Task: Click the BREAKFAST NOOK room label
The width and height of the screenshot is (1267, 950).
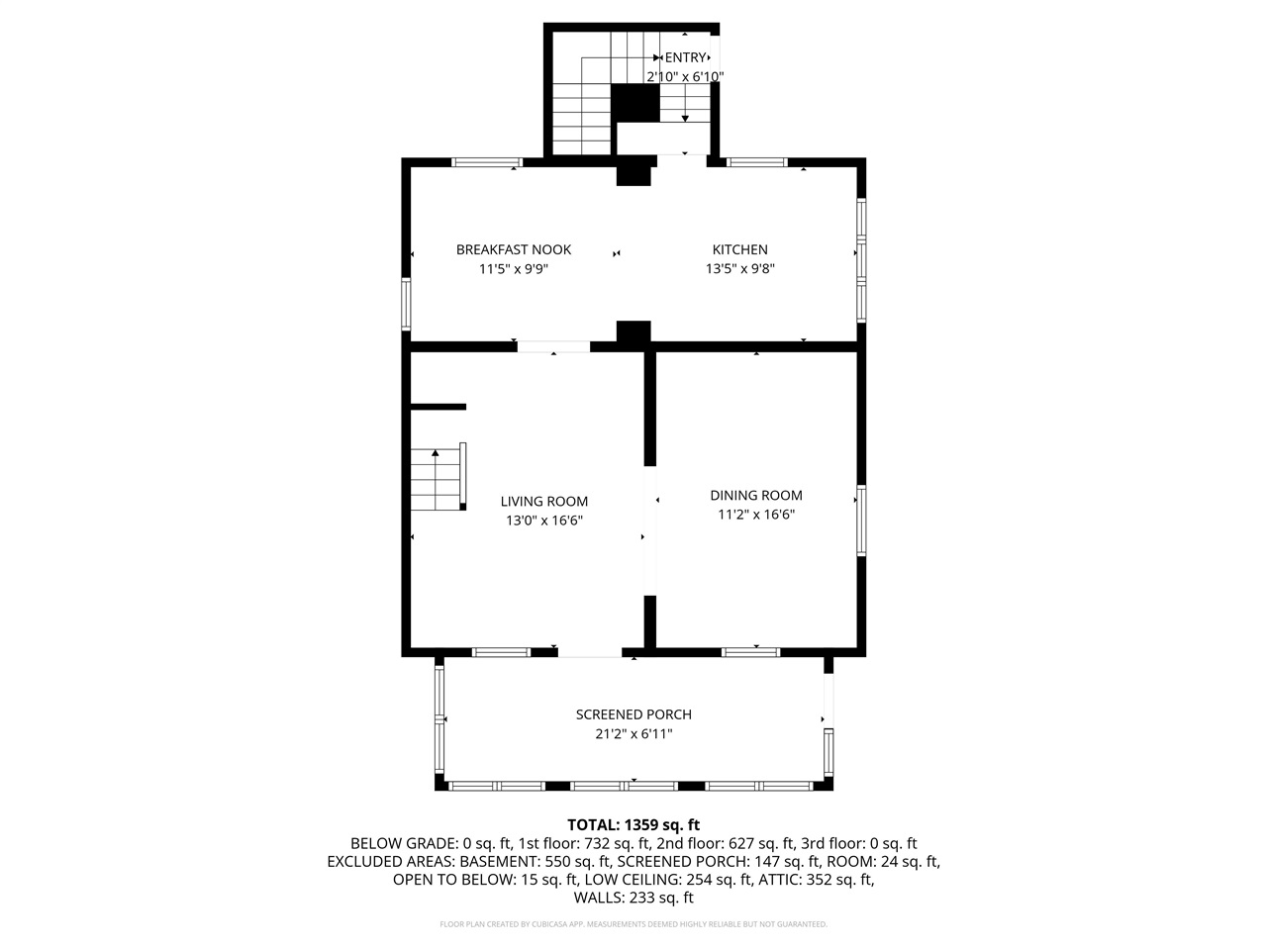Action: (x=513, y=249)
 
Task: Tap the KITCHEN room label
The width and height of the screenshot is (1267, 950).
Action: (x=739, y=249)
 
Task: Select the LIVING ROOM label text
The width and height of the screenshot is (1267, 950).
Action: (x=543, y=501)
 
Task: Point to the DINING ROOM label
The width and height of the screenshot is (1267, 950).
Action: (x=755, y=495)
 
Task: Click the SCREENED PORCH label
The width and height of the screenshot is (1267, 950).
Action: (x=633, y=714)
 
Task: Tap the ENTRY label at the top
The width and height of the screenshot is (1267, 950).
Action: (x=685, y=58)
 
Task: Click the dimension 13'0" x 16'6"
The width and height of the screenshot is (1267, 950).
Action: (x=543, y=521)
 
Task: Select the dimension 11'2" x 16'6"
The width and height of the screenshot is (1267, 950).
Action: (x=755, y=515)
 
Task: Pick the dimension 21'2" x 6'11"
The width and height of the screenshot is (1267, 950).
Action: (x=633, y=734)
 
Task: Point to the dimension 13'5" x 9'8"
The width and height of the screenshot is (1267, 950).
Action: (x=739, y=268)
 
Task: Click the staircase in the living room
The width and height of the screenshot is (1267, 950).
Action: (x=437, y=478)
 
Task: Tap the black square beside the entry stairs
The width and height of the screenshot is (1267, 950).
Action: (x=634, y=103)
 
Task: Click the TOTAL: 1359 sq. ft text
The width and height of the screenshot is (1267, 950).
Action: (x=633, y=824)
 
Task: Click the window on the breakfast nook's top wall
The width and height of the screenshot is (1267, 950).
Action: (x=487, y=162)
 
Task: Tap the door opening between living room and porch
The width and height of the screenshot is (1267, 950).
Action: (x=591, y=652)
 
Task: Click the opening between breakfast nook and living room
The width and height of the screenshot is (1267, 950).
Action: (x=553, y=346)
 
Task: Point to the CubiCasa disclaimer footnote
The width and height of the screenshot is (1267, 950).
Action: (x=633, y=924)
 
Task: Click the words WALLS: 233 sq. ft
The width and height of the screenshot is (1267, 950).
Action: (x=633, y=898)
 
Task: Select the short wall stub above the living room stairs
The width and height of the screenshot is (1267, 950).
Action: (x=437, y=406)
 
